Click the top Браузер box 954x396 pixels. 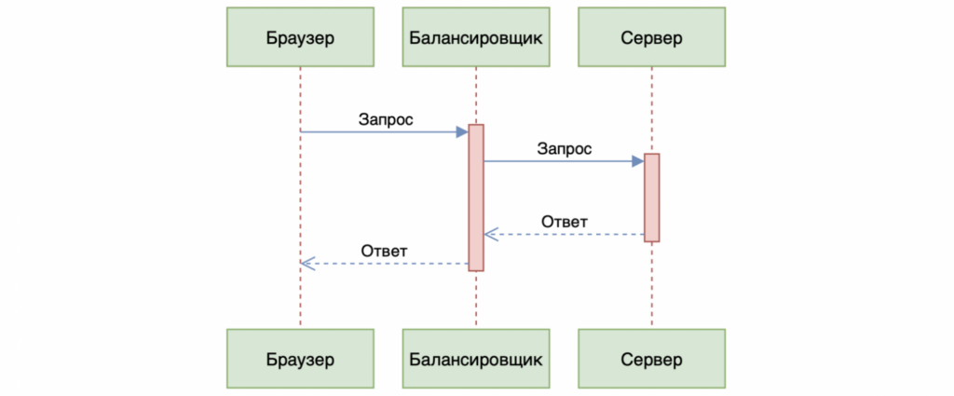click(x=300, y=38)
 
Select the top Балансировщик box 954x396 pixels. click(x=475, y=38)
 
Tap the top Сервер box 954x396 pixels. click(x=651, y=38)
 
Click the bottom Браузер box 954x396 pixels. click(x=300, y=358)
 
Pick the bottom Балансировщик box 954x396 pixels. click(x=475, y=358)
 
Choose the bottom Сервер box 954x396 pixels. click(x=651, y=358)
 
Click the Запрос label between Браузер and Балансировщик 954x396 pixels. click(x=386, y=119)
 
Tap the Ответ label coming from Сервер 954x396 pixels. click(x=565, y=222)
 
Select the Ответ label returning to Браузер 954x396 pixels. click(x=386, y=252)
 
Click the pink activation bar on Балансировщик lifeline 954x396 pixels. click(x=476, y=198)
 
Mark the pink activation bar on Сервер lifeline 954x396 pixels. click(x=651, y=198)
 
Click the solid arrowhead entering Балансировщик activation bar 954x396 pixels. click(x=462, y=132)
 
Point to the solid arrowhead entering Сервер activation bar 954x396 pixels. click(x=637, y=161)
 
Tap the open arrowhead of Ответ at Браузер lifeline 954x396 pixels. click(x=307, y=265)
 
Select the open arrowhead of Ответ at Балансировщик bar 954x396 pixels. click(x=490, y=235)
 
